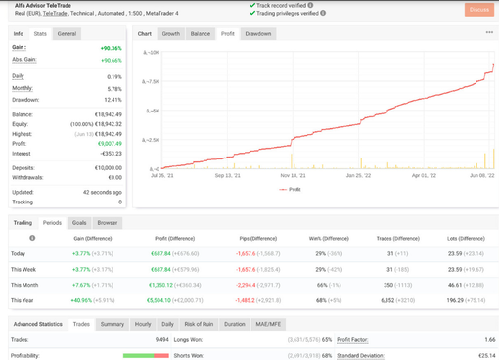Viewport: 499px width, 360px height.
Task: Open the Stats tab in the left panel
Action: click(40, 33)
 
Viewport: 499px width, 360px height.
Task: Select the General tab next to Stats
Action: click(67, 33)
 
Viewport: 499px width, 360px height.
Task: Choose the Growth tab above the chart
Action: click(171, 33)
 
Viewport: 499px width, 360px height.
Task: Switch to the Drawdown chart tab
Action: click(258, 33)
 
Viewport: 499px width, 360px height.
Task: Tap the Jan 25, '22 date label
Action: click(359, 176)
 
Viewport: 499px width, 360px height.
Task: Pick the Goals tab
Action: click(79, 222)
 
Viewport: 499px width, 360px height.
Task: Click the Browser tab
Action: click(108, 222)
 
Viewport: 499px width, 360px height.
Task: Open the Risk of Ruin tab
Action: click(200, 323)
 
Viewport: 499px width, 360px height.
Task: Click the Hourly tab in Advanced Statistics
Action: click(143, 323)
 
